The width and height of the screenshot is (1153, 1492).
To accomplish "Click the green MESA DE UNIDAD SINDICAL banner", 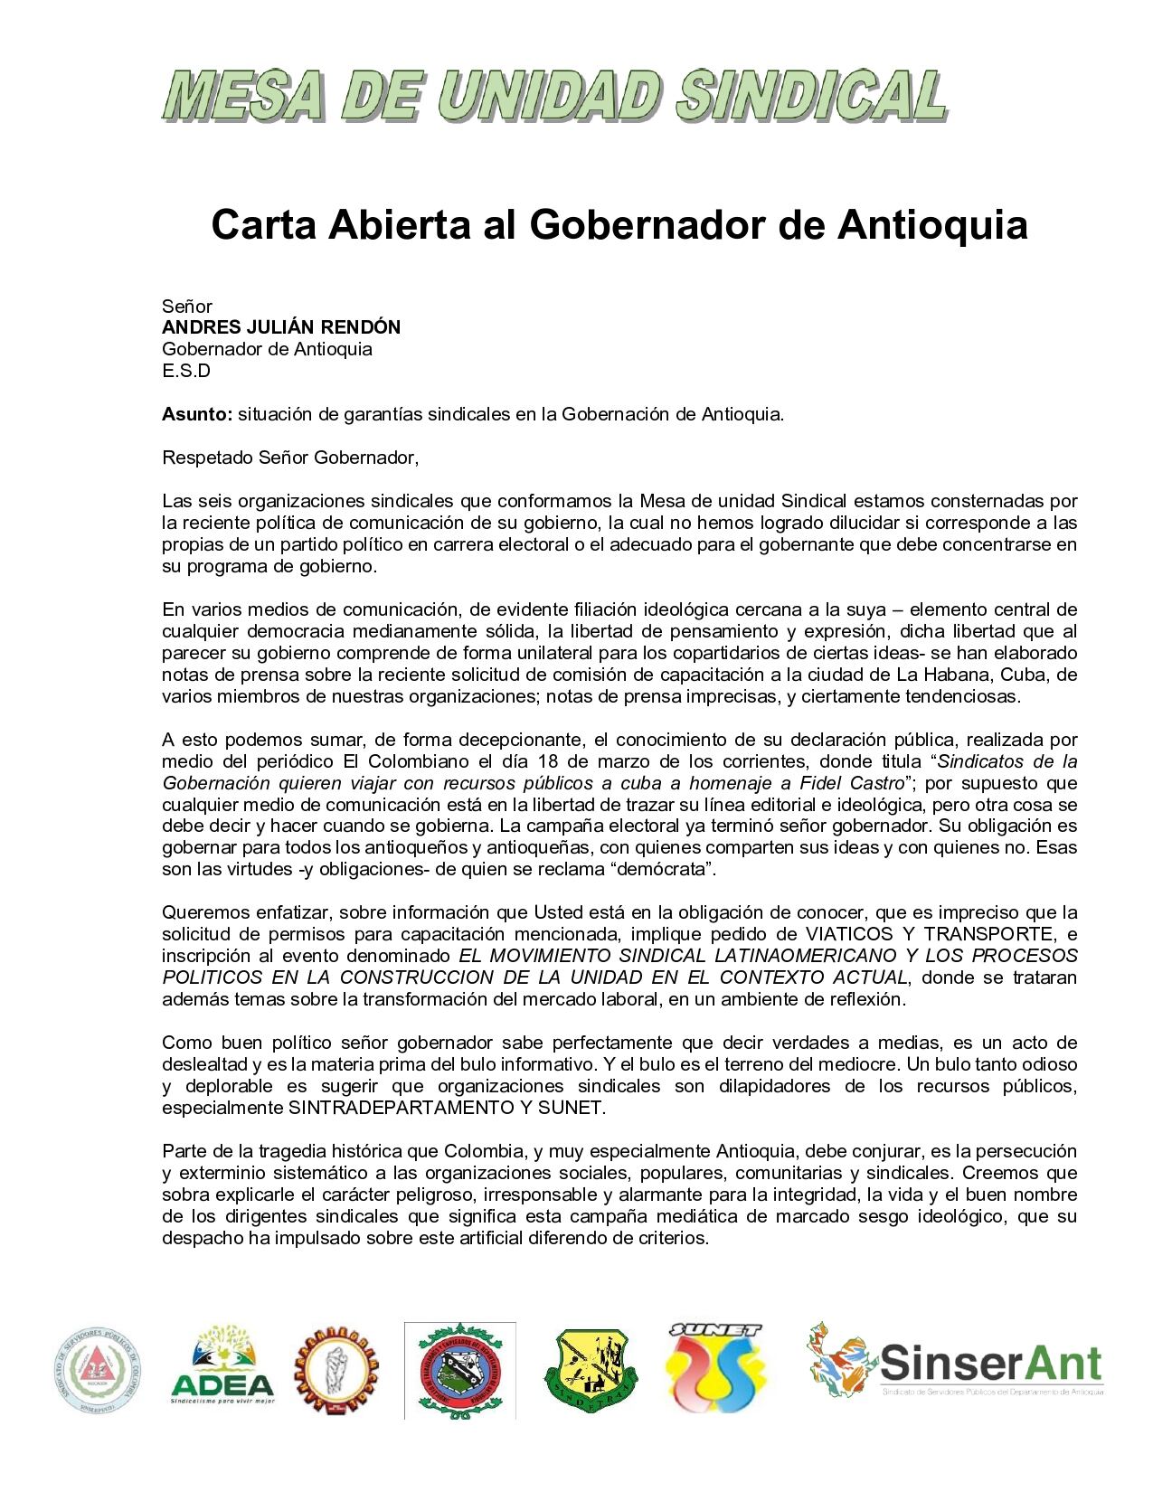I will [x=554, y=97].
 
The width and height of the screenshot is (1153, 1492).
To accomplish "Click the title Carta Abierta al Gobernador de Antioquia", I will [x=619, y=225].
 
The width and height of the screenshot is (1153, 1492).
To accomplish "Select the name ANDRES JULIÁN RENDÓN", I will [x=281, y=327].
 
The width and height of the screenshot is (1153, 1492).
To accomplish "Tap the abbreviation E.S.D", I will [x=185, y=371].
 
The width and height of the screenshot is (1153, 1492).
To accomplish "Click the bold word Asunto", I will [x=196, y=414].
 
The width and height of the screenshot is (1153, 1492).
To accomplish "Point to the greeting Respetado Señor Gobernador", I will [x=291, y=458].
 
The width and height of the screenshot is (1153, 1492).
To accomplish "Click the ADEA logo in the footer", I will [x=222, y=1365].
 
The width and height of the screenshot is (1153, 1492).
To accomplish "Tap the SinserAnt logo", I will [x=955, y=1360].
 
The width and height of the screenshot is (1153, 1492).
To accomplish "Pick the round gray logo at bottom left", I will [x=99, y=1365].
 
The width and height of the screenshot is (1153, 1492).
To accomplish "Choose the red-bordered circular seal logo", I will [x=459, y=1367].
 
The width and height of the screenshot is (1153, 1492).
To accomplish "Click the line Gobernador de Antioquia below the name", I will [x=267, y=349].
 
